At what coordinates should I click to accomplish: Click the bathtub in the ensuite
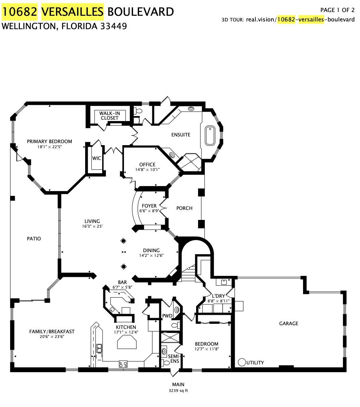[x=210, y=135]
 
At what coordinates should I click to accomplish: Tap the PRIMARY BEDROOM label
[x=49, y=141]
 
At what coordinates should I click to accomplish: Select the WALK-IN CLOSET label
[x=110, y=116]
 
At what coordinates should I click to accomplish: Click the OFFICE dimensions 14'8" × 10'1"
[x=147, y=170]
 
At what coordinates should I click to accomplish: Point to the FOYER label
[x=149, y=206]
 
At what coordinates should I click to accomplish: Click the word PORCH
[x=184, y=208]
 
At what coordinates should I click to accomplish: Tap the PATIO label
[x=34, y=239]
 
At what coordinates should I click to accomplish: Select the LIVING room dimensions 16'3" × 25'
[x=92, y=226]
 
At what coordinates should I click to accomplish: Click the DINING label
[x=151, y=250]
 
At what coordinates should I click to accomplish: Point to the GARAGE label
[x=289, y=324]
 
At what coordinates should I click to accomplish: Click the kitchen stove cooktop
[x=123, y=364]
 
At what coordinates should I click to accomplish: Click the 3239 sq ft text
[x=178, y=391]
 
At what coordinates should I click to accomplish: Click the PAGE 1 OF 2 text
[x=337, y=10]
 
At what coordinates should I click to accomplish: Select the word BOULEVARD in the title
[x=141, y=12]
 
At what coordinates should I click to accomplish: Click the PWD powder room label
[x=167, y=316]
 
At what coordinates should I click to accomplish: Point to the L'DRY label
[x=218, y=296]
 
